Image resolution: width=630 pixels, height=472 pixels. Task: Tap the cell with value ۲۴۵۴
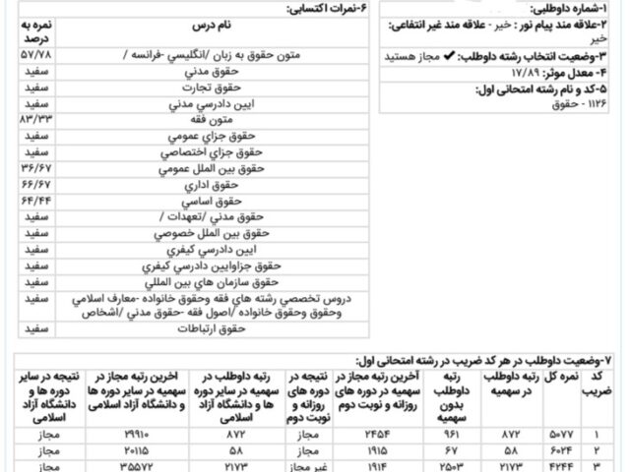(x=351, y=433)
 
